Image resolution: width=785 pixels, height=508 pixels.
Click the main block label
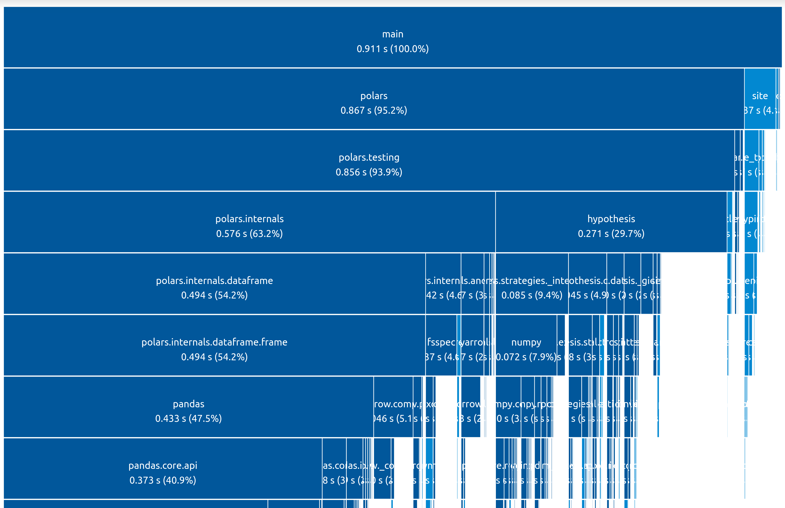click(392, 34)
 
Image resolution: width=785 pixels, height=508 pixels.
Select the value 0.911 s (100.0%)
click(392, 49)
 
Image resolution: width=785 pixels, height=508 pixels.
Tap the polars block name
click(374, 96)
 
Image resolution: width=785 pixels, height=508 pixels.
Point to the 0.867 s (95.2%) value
click(374, 110)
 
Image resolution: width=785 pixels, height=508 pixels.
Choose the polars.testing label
click(369, 157)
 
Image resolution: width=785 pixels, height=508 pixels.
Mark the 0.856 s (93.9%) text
click(369, 172)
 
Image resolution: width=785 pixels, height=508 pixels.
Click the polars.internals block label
click(249, 219)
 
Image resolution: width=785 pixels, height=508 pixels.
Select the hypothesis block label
click(611, 219)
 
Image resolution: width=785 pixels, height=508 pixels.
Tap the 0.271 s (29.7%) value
click(611, 234)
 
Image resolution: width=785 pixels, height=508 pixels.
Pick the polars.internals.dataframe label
click(214, 280)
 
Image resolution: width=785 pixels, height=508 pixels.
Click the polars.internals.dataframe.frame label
click(214, 342)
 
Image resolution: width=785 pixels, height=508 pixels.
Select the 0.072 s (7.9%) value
click(526, 357)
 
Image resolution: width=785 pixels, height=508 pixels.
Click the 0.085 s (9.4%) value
click(531, 295)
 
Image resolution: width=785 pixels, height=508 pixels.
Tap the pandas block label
click(189, 404)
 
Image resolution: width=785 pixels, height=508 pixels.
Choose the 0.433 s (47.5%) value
click(189, 418)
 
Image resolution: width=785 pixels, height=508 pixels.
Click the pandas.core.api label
click(163, 466)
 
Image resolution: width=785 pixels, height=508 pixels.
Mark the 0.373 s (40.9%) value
click(163, 480)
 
